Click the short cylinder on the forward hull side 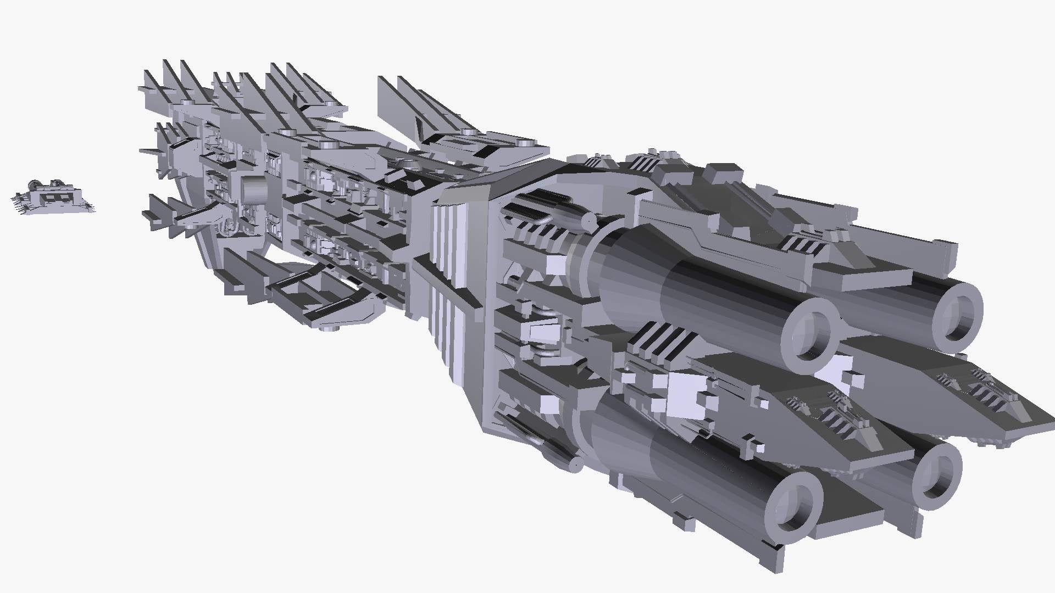[254, 189]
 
